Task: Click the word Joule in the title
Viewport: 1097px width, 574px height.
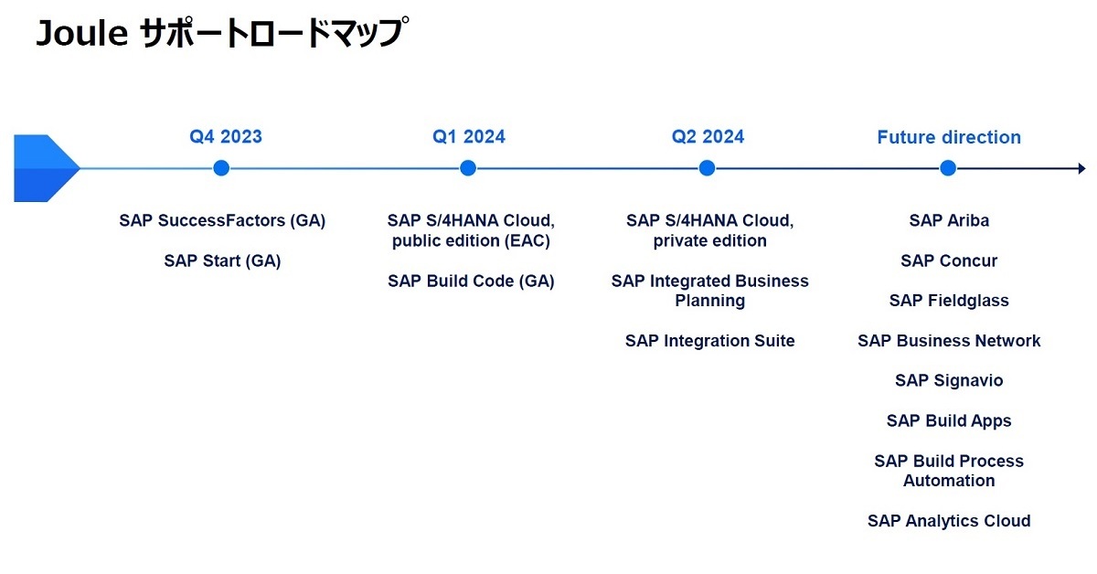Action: click(x=82, y=33)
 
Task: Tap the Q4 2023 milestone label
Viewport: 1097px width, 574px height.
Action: click(x=226, y=136)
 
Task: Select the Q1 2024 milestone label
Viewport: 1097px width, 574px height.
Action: click(x=469, y=136)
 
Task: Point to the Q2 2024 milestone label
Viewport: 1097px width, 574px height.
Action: click(x=708, y=136)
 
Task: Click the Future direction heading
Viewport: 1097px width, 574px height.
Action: click(x=949, y=137)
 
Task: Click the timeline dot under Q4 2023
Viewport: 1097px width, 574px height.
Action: click(x=221, y=168)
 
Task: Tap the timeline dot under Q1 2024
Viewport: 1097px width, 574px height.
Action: click(x=468, y=168)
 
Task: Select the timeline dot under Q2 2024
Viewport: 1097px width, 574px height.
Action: click(x=707, y=168)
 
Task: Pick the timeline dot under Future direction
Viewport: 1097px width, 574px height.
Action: click(x=948, y=168)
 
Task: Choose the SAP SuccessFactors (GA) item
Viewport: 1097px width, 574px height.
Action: click(x=222, y=220)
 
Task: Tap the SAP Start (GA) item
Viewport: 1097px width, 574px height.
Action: click(x=222, y=260)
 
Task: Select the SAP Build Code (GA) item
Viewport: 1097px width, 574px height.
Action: click(x=471, y=282)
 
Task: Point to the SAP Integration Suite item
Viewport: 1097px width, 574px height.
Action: click(x=710, y=341)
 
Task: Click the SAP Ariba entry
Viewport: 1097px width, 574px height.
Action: click(x=949, y=220)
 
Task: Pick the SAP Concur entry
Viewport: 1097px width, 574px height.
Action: click(x=949, y=260)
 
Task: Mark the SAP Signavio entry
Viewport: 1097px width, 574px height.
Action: click(x=949, y=380)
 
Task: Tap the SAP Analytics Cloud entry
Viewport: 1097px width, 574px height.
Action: click(x=949, y=521)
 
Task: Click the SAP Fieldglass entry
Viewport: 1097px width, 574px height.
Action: click(x=949, y=301)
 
